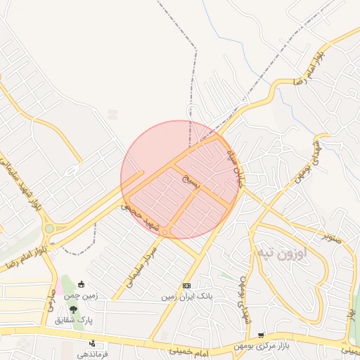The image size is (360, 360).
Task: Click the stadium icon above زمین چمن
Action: coord(82,285)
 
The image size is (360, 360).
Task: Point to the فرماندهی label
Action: coord(93,354)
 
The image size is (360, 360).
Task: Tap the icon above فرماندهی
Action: coord(92,343)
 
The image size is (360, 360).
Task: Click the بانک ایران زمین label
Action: coord(186,297)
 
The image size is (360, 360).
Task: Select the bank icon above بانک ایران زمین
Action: coord(186,286)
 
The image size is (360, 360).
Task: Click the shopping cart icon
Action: coord(260,336)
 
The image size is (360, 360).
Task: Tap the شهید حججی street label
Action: coord(141,217)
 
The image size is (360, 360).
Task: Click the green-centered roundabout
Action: coord(49,229)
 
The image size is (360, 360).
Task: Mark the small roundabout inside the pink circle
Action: coord(165,233)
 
